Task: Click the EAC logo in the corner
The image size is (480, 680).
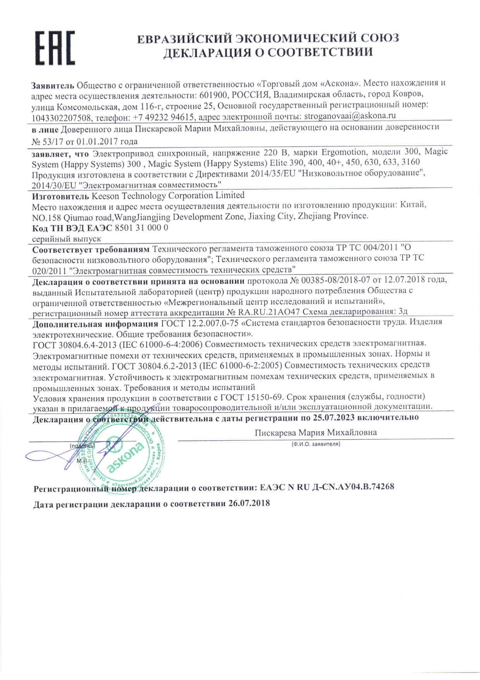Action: (55, 48)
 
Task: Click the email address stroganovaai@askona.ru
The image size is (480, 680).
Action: (350, 116)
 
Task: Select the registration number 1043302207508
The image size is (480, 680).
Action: (62, 117)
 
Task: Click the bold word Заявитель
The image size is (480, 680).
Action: (52, 85)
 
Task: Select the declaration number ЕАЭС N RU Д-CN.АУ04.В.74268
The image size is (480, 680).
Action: (327, 487)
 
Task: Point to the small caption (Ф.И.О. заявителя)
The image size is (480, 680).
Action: (315, 444)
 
